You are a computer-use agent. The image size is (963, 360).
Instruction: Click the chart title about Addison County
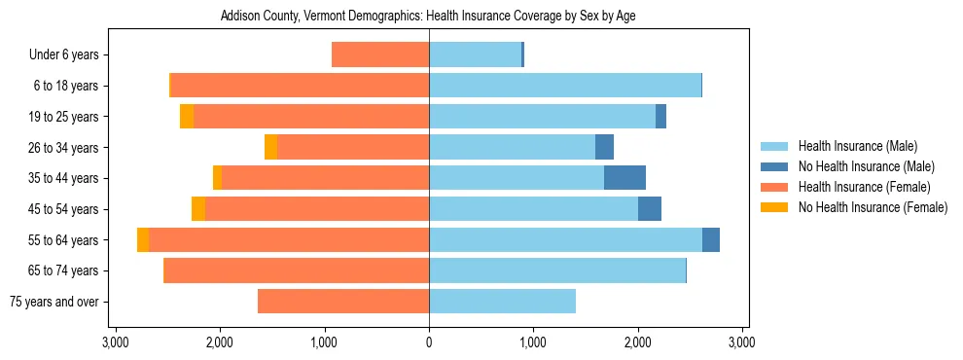tap(428, 17)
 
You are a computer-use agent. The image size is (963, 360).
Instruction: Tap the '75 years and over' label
tap(53, 302)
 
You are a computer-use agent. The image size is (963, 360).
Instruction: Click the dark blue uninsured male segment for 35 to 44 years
tap(624, 178)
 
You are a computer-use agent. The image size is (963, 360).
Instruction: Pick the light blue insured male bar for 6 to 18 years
tap(564, 86)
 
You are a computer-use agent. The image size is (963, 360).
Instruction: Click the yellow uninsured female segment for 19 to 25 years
tap(187, 117)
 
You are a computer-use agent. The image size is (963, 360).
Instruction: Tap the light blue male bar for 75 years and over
tap(502, 302)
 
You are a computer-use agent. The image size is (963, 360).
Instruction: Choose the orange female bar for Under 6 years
tap(380, 54)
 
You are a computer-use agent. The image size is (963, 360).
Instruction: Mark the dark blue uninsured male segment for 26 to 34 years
tap(604, 147)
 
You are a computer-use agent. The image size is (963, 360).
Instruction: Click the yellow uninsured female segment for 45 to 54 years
tap(198, 209)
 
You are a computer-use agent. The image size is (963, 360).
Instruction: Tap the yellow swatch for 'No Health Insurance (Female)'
tap(774, 207)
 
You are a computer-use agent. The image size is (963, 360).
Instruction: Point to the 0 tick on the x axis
tap(429, 342)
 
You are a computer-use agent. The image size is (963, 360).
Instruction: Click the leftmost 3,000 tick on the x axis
tap(116, 342)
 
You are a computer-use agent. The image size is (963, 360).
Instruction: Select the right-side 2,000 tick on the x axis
tap(638, 342)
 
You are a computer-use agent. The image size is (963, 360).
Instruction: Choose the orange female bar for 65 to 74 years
tap(297, 270)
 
